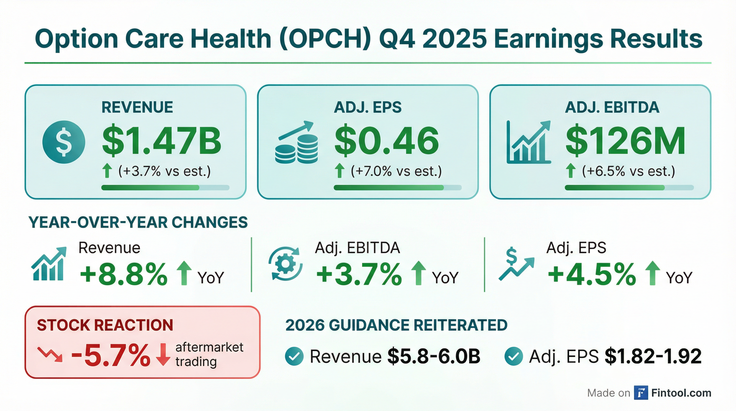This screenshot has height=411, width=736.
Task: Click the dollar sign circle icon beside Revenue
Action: [x=63, y=142]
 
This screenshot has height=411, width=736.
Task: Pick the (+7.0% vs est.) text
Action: [x=396, y=171]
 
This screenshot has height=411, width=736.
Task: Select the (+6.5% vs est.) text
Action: [x=628, y=171]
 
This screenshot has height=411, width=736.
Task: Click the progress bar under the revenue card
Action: [x=165, y=188]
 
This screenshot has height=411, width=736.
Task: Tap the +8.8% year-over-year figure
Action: [x=124, y=275]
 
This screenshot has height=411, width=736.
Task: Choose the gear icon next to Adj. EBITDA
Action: [x=285, y=263]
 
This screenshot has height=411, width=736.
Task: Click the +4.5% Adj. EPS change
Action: [x=592, y=275]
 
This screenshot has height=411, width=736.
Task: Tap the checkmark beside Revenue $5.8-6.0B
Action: [x=294, y=356]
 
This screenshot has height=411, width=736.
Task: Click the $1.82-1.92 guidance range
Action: [x=653, y=356]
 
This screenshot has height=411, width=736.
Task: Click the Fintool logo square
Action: [x=641, y=393]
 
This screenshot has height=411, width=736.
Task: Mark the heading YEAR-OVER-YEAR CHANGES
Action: [x=138, y=222]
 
